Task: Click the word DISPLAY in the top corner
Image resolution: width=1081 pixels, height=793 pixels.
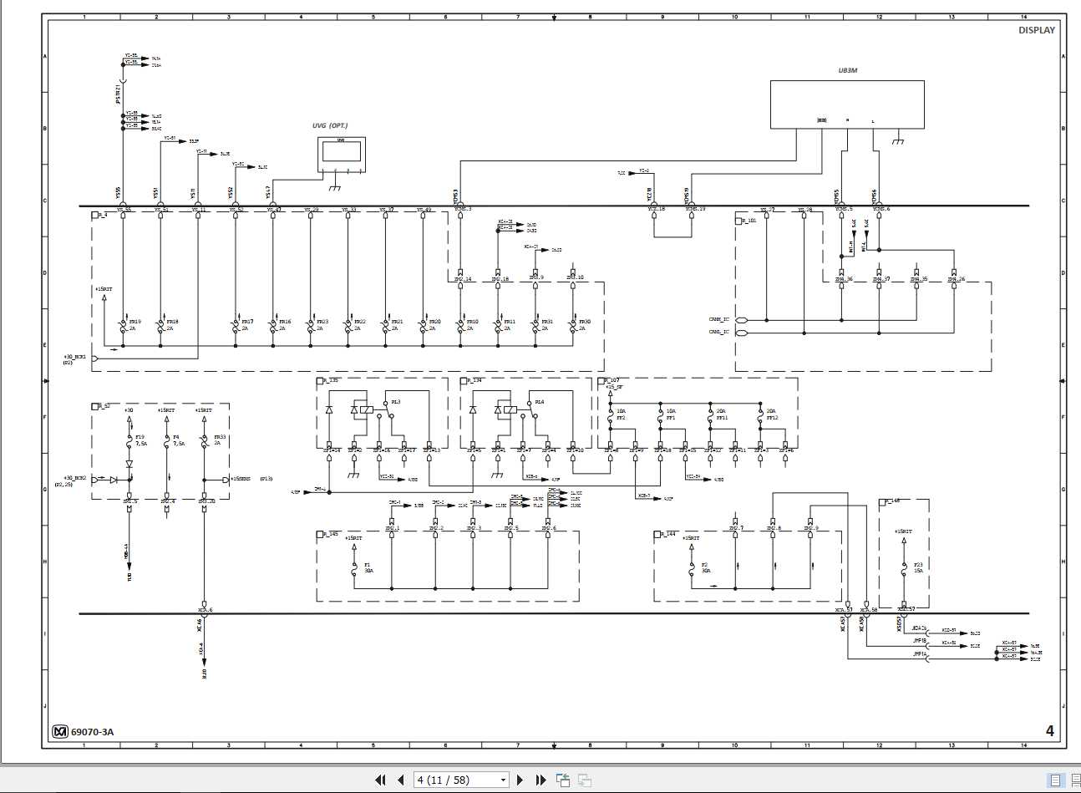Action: click(x=1036, y=30)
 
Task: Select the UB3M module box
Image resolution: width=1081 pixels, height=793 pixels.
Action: click(x=846, y=104)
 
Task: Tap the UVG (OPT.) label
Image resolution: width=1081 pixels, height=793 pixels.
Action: click(x=330, y=126)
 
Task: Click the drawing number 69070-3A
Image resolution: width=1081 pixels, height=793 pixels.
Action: click(x=92, y=732)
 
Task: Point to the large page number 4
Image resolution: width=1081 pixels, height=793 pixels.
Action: click(x=1050, y=731)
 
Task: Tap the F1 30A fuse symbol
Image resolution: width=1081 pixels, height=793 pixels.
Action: click(x=354, y=568)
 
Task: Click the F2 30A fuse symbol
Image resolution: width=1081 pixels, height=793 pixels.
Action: click(x=691, y=568)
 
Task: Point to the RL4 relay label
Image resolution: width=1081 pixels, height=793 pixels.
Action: click(x=540, y=402)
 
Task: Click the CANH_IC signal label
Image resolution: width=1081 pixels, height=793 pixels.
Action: click(x=718, y=319)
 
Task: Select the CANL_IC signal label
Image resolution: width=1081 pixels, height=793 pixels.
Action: click(x=718, y=333)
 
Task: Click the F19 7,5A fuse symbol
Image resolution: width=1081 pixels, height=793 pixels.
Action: click(x=129, y=440)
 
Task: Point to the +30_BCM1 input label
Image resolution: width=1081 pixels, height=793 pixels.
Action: click(x=75, y=357)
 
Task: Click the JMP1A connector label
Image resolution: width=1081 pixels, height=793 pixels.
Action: click(x=920, y=656)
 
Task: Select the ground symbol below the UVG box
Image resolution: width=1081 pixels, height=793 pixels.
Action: click(x=334, y=186)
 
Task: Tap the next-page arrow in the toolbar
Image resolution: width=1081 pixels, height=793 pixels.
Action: click(x=520, y=780)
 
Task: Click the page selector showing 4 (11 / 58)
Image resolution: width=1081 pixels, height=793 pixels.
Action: click(x=462, y=780)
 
